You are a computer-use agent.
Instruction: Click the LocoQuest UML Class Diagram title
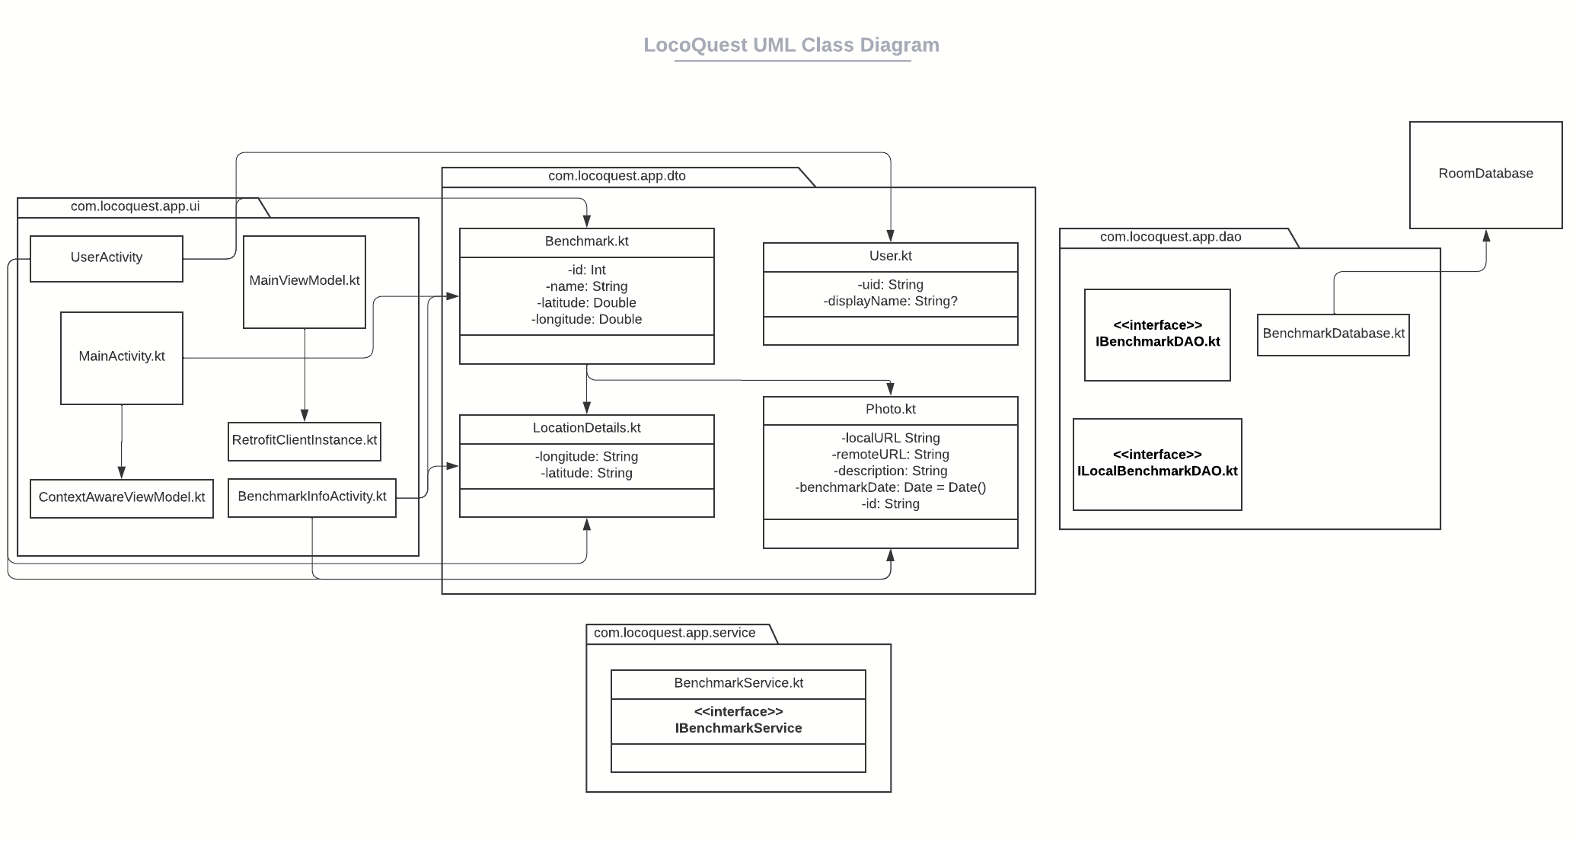pos(791,45)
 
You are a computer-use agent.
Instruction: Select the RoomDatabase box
pos(1485,174)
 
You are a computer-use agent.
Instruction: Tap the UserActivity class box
pos(107,258)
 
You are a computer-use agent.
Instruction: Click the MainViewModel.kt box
pos(305,281)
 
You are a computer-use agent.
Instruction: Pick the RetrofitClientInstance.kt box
pos(305,441)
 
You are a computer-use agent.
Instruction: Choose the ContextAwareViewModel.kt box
pos(122,498)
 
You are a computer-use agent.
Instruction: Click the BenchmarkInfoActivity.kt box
pos(312,497)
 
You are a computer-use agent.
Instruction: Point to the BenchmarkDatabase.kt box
pos(1333,334)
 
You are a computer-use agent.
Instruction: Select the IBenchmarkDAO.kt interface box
pos(1157,334)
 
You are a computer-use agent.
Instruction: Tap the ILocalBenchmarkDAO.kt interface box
pos(1157,464)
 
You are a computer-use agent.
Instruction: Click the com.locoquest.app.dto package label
pos(617,177)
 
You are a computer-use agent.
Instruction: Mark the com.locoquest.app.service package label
pos(675,634)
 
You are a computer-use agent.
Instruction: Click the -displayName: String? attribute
pos(890,302)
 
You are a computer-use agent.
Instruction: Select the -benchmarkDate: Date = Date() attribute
pos(890,487)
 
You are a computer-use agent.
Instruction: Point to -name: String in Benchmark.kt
pos(586,287)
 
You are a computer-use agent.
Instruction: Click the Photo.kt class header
pos(890,410)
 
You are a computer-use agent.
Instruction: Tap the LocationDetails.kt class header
pos(586,429)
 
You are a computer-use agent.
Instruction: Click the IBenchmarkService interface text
pos(738,729)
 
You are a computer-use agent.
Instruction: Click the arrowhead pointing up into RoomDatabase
pos(1485,236)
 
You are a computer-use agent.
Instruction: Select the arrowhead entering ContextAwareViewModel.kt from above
pos(122,472)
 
